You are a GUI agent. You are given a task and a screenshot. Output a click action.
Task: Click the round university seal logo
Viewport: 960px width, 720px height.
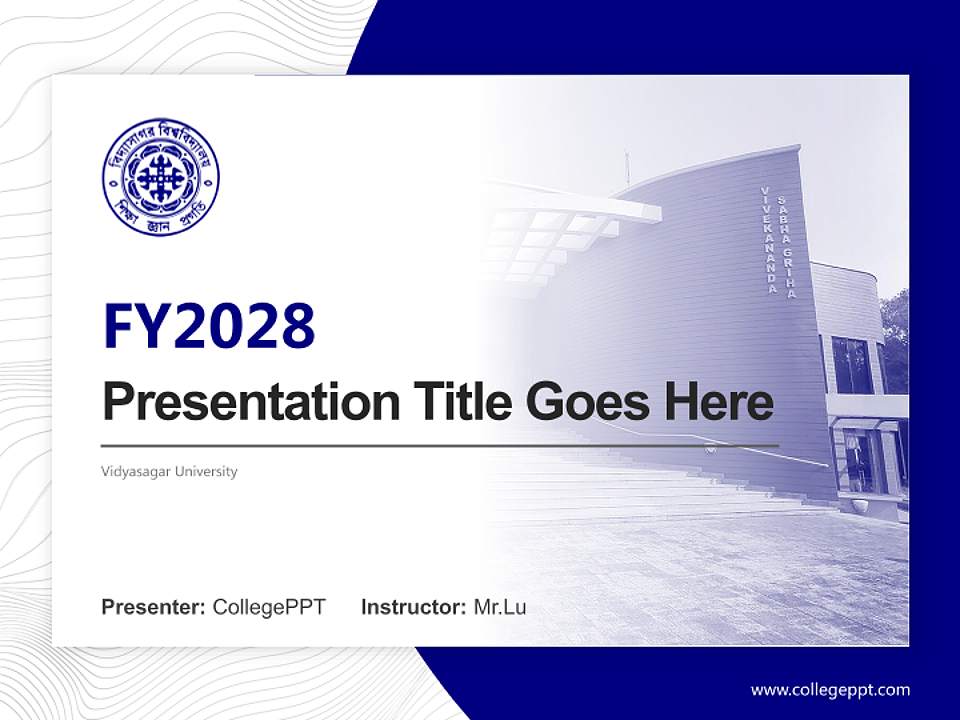(x=160, y=182)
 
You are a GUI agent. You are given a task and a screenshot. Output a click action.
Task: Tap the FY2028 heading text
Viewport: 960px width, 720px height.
(x=208, y=326)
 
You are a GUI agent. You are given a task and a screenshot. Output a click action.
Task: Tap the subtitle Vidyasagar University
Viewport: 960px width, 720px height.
(x=170, y=471)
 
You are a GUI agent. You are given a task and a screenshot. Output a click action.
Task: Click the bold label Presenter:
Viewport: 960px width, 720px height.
(x=154, y=606)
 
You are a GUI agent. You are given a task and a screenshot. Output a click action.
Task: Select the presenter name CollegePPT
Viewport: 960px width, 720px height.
(x=269, y=606)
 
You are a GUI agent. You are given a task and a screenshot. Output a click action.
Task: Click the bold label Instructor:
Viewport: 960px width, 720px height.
(x=413, y=606)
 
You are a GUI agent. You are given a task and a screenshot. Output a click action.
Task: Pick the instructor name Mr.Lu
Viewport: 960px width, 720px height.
(x=500, y=606)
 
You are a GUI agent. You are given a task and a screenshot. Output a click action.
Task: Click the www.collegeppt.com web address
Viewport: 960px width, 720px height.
(x=830, y=689)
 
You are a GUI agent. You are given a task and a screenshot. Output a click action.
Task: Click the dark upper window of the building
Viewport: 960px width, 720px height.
(x=852, y=365)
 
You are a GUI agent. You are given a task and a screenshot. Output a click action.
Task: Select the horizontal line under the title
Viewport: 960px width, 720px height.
(x=440, y=445)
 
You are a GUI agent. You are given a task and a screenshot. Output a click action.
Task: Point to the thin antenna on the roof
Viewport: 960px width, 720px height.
(x=628, y=168)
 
